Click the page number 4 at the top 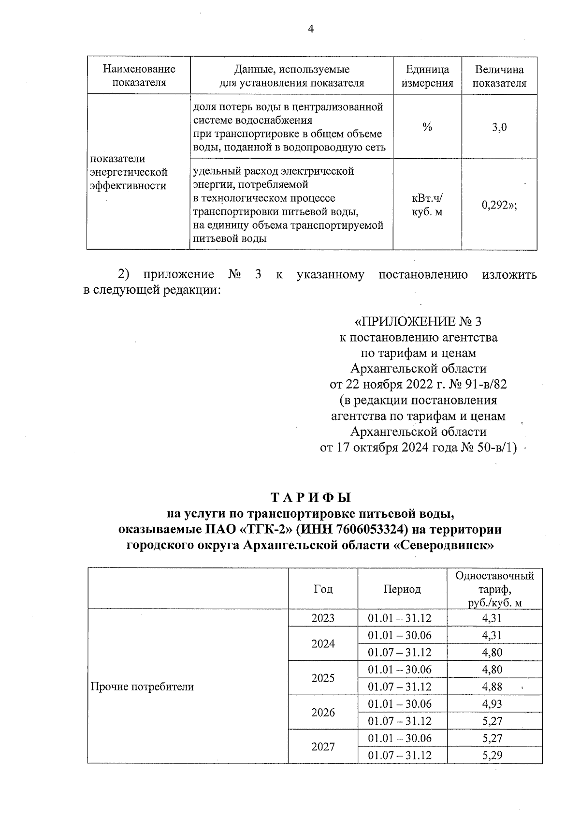coord(311,30)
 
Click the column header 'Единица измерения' coord(427,76)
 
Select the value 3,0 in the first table coord(499,128)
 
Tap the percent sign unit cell coord(427,127)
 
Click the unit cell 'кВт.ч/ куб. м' coord(427,205)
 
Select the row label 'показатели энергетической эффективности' coord(129,172)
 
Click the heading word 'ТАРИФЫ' coord(310,498)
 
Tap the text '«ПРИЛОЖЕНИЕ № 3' coord(418,322)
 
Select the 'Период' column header coord(402,589)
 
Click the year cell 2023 coord(323,618)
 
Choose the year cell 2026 coord(323,713)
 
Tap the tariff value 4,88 coord(492,687)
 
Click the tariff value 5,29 coord(492,755)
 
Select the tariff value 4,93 coord(492,704)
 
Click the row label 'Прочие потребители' coord(143,687)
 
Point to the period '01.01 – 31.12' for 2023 coord(399,618)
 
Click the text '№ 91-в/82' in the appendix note coord(476,385)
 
